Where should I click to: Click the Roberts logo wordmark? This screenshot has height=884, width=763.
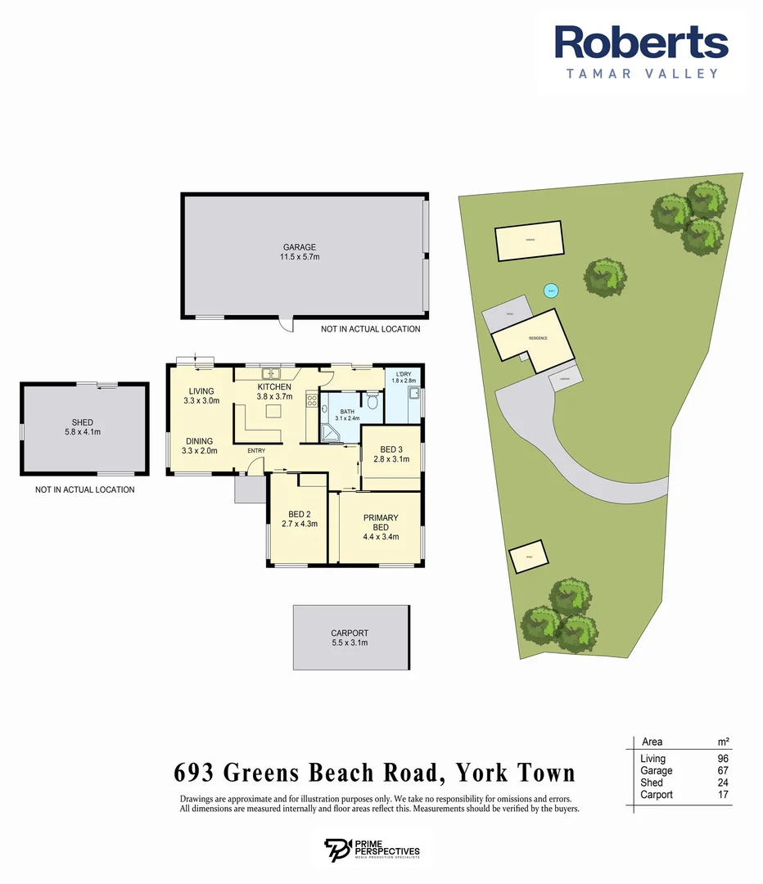641,43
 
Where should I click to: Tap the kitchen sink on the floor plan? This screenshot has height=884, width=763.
270,376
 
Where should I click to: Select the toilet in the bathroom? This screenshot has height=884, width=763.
372,401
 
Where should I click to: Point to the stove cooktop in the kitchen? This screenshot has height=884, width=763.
311,401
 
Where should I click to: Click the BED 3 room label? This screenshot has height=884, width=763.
391,449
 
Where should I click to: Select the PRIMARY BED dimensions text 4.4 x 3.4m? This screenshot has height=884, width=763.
380,537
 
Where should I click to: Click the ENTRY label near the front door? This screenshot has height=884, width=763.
256,450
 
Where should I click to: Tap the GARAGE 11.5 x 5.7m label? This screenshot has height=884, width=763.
300,252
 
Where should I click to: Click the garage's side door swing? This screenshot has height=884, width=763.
286,325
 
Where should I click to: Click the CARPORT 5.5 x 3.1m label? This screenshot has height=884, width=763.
350,638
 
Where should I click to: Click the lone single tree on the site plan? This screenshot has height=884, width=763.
607,277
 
